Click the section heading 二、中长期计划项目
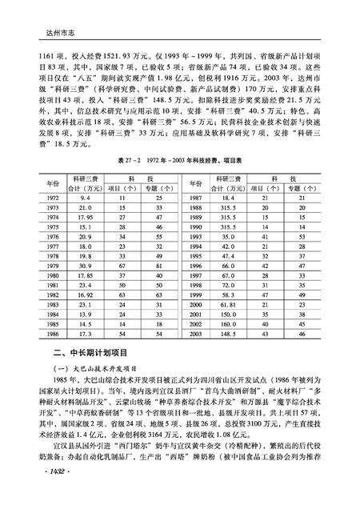[94, 354]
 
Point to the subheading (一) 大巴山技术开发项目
[95, 370]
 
